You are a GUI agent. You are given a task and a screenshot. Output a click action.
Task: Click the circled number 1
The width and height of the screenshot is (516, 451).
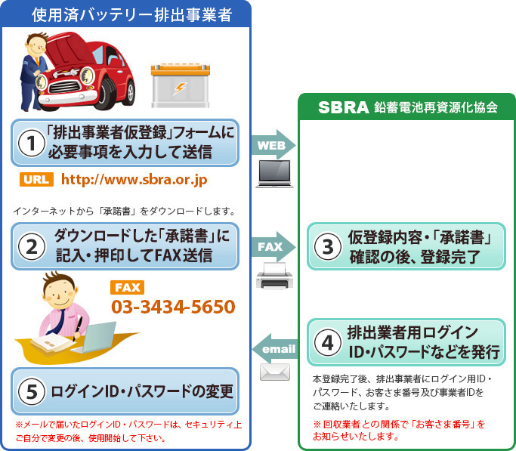tap(31, 144)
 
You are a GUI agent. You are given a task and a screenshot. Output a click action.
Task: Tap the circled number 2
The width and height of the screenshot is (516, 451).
tap(31, 246)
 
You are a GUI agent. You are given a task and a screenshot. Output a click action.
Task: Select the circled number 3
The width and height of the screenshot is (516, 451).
tap(327, 246)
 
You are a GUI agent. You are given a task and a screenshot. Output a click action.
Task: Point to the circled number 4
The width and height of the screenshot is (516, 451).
tap(327, 342)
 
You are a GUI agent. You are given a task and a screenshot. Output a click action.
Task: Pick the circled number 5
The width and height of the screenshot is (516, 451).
tap(31, 391)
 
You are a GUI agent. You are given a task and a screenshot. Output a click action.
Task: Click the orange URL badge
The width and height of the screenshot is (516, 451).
tap(35, 180)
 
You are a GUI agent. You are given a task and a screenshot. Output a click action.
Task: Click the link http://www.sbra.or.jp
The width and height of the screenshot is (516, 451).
tap(134, 181)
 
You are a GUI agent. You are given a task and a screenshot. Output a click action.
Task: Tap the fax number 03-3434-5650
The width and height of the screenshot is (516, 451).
tap(173, 307)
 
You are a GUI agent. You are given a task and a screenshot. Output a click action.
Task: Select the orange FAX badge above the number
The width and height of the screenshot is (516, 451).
tap(127, 287)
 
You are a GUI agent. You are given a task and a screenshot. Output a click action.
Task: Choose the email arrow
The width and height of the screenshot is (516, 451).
tap(275, 349)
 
